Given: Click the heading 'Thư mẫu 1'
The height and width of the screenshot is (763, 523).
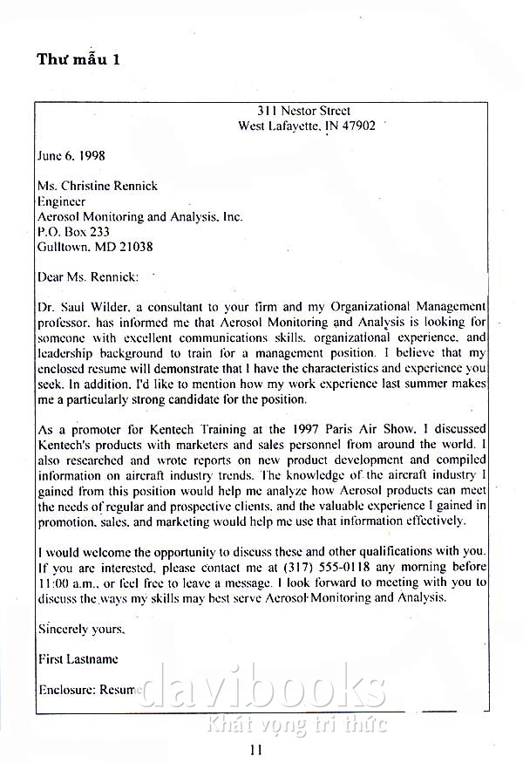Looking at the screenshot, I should (78, 59).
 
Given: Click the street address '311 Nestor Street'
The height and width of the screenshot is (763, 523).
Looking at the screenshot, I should (303, 111).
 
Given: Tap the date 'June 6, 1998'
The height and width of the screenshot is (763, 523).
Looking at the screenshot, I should (71, 156).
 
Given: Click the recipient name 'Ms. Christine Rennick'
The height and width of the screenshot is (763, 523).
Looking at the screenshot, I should (98, 187).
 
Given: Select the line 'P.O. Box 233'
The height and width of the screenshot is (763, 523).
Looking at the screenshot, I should (73, 232).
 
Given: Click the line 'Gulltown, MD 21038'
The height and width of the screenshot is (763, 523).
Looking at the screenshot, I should (95, 247).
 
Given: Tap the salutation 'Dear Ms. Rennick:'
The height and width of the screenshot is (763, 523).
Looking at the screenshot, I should (88, 277).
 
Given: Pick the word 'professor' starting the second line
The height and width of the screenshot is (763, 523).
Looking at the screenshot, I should (63, 323).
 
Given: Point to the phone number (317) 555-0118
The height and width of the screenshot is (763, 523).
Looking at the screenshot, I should (335, 567).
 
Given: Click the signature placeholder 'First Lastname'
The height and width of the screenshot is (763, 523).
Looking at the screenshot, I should (78, 658).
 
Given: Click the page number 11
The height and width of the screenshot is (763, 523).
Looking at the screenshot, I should (255, 748).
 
